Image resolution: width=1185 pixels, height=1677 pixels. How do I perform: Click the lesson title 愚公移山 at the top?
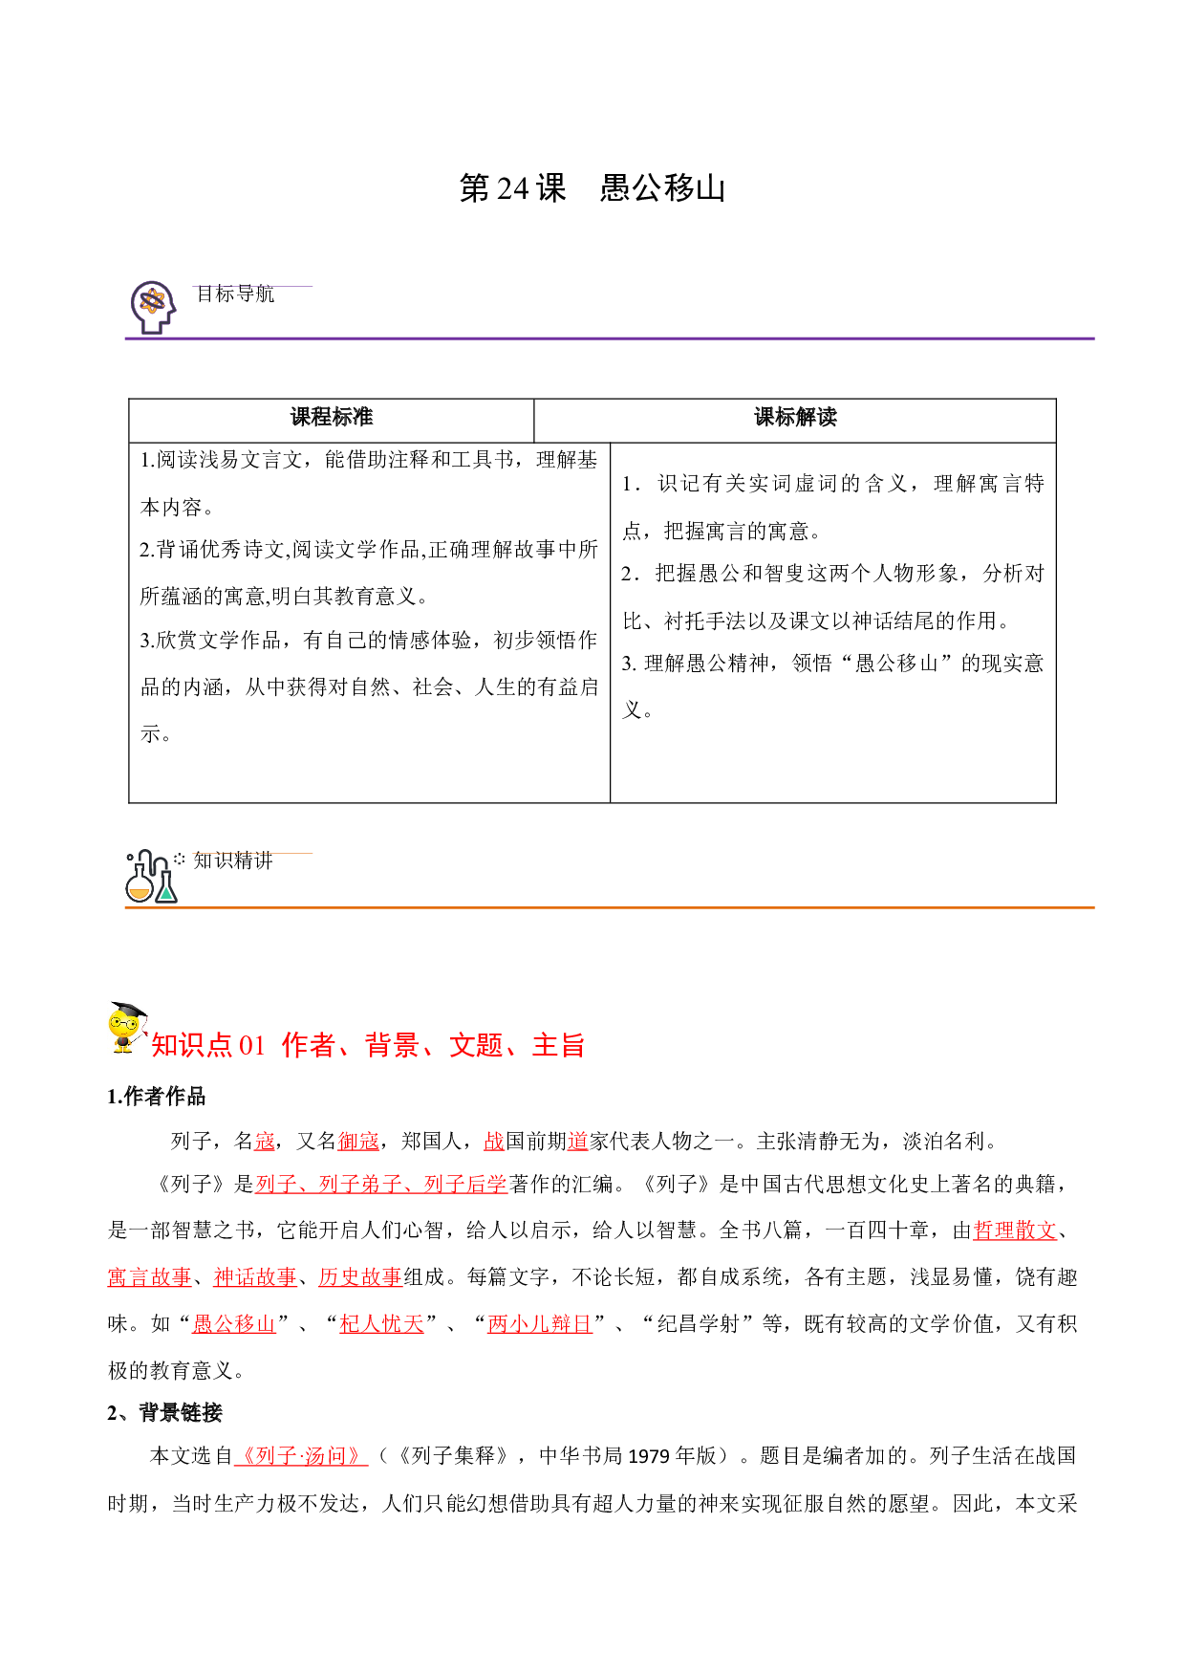[x=662, y=188]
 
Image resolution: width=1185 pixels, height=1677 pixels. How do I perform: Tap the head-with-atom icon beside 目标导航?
[x=153, y=307]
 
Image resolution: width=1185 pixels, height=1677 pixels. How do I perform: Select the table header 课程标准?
[x=332, y=417]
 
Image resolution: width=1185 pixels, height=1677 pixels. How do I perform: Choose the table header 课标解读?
[x=795, y=417]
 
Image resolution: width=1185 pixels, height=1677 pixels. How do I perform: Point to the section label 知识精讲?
[x=233, y=860]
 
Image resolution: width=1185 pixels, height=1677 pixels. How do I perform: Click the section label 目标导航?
[x=235, y=294]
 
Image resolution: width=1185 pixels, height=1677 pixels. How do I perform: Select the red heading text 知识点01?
[x=208, y=1045]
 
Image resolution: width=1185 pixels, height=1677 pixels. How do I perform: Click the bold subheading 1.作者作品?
[x=157, y=1097]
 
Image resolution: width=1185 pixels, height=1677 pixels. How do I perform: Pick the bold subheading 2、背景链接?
[x=164, y=1413]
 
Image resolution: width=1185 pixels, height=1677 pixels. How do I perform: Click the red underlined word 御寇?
[x=359, y=1141]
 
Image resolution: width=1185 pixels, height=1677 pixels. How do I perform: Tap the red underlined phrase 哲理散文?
[x=1015, y=1231]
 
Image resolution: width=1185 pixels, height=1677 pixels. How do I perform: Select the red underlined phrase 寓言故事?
[x=150, y=1277]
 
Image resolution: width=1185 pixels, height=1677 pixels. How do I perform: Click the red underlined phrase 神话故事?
[x=255, y=1277]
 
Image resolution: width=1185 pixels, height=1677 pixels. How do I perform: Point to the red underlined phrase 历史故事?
[x=360, y=1277]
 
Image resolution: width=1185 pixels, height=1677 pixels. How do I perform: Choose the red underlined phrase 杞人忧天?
[x=382, y=1324]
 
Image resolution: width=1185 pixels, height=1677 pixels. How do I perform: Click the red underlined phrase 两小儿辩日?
[x=540, y=1324]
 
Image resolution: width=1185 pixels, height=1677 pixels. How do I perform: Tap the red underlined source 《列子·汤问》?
[x=301, y=1456]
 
